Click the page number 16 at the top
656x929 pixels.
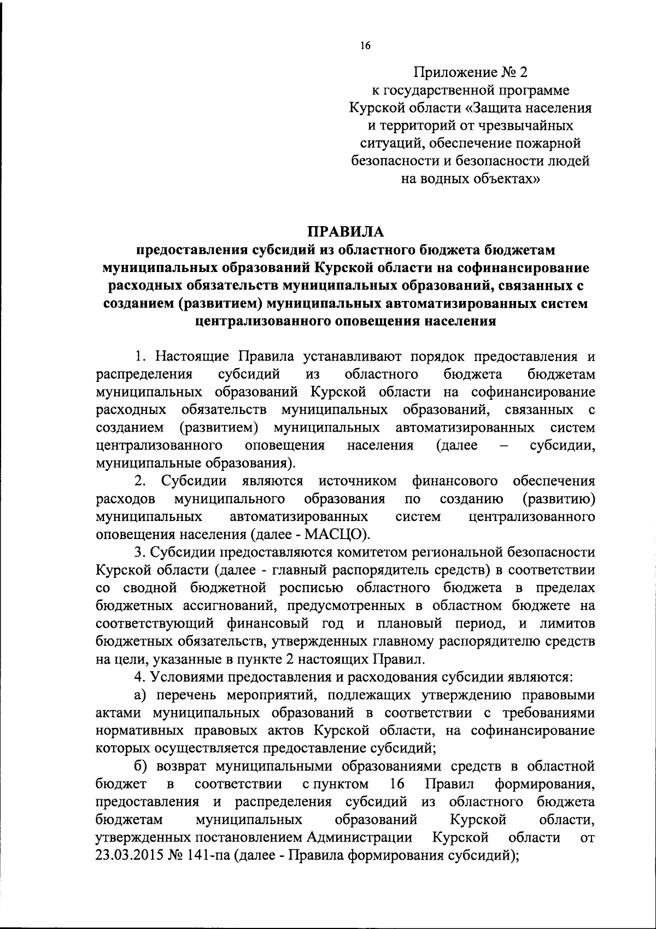click(366, 45)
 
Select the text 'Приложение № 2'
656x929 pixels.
click(471, 72)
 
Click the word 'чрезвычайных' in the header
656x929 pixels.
click(522, 126)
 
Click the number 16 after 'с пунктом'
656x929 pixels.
click(397, 784)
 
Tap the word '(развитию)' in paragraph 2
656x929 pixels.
click(559, 499)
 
